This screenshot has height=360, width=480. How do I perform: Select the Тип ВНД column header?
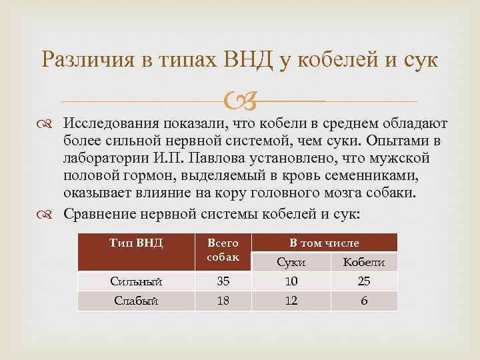[136, 243]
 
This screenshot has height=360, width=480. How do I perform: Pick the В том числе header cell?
[323, 243]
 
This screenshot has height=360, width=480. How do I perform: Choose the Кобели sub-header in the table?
[363, 262]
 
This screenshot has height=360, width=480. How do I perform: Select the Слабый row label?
[136, 301]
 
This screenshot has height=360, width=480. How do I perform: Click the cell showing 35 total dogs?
[223, 281]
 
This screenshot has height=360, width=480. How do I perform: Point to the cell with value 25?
[363, 281]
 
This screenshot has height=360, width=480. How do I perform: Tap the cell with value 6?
[363, 301]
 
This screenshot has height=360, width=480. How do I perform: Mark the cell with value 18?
[223, 301]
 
